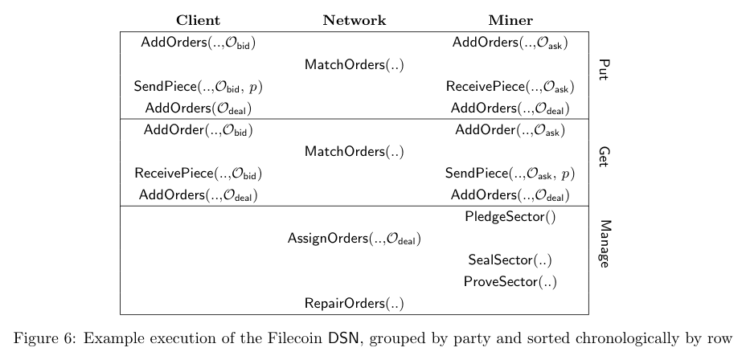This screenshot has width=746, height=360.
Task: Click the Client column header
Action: click(198, 20)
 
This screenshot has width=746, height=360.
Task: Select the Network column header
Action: click(354, 20)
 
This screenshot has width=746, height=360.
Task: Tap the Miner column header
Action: click(510, 20)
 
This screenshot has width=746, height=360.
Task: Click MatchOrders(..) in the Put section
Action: click(354, 64)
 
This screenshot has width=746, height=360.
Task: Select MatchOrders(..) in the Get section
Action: click(354, 151)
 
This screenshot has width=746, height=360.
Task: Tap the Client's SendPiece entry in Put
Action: click(198, 87)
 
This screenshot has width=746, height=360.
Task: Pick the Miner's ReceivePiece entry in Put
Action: click(510, 87)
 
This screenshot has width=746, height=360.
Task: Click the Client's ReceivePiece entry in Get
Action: click(198, 174)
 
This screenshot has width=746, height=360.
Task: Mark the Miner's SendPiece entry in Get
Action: click(510, 174)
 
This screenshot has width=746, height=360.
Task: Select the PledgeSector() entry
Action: click(510, 216)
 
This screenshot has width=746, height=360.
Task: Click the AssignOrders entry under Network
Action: click(354, 239)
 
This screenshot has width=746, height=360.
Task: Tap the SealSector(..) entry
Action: click(510, 260)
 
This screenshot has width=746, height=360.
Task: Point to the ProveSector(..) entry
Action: click(510, 282)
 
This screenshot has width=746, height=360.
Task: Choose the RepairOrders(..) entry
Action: click(354, 304)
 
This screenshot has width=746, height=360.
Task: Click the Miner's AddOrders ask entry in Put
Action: click(510, 43)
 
